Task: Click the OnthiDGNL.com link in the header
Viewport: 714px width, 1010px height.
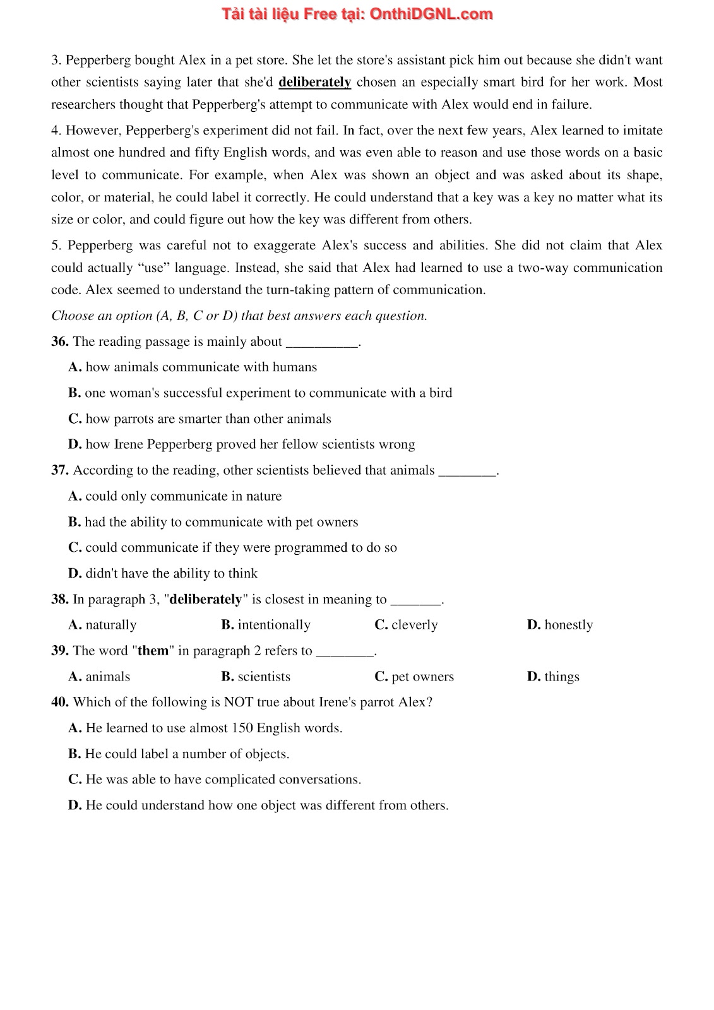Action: click(x=431, y=15)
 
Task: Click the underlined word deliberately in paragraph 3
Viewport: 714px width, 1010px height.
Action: click(x=314, y=82)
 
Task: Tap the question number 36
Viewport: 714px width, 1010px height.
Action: click(x=59, y=342)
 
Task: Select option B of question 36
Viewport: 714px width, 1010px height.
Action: click(x=260, y=393)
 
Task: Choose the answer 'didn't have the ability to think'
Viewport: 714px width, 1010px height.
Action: click(x=163, y=573)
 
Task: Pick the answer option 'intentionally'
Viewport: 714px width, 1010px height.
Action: click(x=266, y=625)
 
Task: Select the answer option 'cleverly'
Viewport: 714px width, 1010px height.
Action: click(x=406, y=625)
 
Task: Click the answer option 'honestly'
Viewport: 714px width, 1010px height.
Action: click(x=560, y=625)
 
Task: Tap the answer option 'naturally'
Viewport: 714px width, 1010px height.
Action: click(x=102, y=625)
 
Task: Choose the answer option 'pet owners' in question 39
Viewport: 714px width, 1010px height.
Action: click(x=414, y=677)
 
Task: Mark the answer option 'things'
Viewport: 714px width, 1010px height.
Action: click(x=553, y=677)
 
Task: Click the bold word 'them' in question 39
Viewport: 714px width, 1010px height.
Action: click(x=153, y=651)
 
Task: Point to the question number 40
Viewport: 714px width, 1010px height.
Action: click(x=60, y=702)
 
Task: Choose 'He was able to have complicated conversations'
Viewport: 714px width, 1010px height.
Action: click(x=215, y=780)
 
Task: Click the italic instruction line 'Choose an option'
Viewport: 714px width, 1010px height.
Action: click(x=239, y=316)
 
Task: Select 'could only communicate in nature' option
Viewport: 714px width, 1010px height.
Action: click(x=175, y=496)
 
